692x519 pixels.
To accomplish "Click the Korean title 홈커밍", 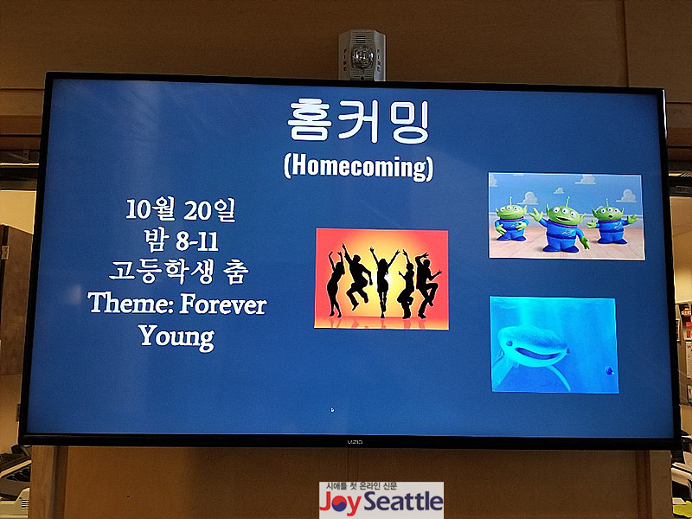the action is [x=358, y=122].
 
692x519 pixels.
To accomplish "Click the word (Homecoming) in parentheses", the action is [x=358, y=167].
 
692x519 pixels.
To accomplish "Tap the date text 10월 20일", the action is [x=181, y=209].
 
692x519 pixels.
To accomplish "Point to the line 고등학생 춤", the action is [x=179, y=272].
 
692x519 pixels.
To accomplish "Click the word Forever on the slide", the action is [x=223, y=304].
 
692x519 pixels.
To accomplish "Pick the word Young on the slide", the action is [x=177, y=337].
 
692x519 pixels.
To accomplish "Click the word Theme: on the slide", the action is [x=131, y=304].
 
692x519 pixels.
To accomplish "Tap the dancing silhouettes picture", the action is [x=381, y=279].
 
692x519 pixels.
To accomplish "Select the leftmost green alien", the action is [x=511, y=221].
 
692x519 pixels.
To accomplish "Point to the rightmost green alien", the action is [x=612, y=221].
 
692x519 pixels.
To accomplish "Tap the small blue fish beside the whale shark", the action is [x=610, y=371].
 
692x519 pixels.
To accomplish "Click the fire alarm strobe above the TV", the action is [x=362, y=55].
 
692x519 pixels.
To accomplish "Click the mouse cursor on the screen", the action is [x=332, y=409].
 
